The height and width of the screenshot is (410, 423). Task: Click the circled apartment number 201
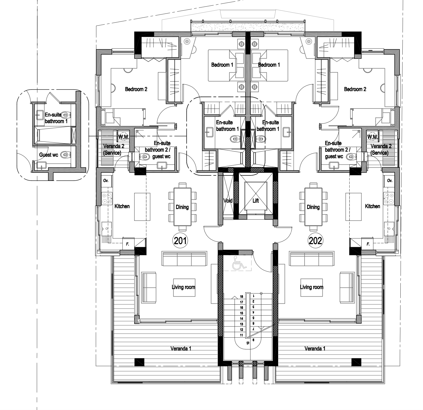180,241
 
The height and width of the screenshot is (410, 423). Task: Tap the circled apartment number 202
315,241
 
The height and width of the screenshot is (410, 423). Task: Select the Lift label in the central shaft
256,201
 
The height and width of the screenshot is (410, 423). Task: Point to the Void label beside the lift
228,201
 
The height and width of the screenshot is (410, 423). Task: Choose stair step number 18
241,296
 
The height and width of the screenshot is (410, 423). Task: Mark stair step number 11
241,335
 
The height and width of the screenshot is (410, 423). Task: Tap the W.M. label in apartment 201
124,137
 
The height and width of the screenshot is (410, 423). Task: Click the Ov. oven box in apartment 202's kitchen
390,180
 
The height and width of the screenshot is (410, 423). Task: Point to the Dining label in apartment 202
313,207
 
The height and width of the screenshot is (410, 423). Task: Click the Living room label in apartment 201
184,287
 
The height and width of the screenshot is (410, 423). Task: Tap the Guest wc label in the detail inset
49,155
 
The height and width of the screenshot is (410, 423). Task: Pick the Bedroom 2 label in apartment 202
355,89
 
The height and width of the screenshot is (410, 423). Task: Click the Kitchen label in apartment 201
122,206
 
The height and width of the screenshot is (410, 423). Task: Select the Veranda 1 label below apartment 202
315,349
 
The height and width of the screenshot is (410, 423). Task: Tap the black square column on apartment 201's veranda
139,362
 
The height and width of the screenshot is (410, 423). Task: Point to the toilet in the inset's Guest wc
66,155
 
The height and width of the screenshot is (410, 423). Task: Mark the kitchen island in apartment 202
353,207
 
